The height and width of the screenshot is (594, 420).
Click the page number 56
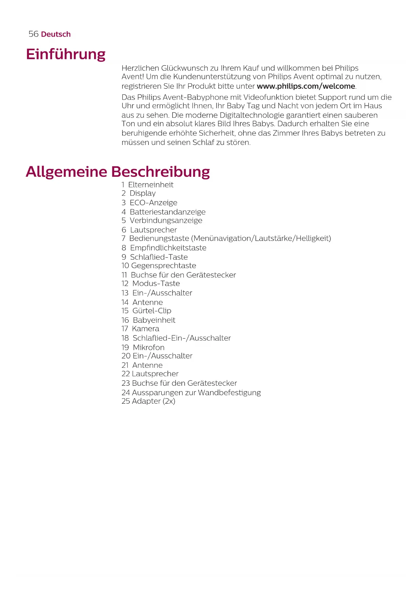click(x=33, y=34)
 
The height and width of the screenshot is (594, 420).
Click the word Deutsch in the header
click(x=56, y=34)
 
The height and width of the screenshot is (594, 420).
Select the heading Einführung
click(x=66, y=54)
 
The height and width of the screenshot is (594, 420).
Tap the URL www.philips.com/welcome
click(x=306, y=86)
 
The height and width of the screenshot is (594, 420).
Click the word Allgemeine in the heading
click(x=66, y=172)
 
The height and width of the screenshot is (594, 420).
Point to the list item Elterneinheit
click(x=151, y=185)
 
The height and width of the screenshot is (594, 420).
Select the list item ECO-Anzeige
click(x=153, y=203)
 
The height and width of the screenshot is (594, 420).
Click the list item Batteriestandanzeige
click(x=168, y=212)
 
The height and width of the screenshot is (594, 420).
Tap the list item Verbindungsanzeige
click(x=166, y=220)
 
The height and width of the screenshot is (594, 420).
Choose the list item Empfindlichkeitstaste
click(x=168, y=248)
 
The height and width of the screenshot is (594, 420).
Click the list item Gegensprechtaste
click(x=163, y=266)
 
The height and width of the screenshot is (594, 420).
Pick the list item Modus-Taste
click(x=156, y=283)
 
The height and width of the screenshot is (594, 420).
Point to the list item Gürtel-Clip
click(x=152, y=311)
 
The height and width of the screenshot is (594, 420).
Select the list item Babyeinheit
click(x=154, y=320)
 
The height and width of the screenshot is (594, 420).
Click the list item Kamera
click(x=146, y=328)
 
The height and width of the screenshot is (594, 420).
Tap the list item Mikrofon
click(x=149, y=347)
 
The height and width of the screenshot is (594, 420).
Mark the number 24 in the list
click(x=126, y=393)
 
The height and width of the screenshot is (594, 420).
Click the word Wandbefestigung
click(x=229, y=393)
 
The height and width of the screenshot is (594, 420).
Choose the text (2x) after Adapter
click(x=169, y=401)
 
